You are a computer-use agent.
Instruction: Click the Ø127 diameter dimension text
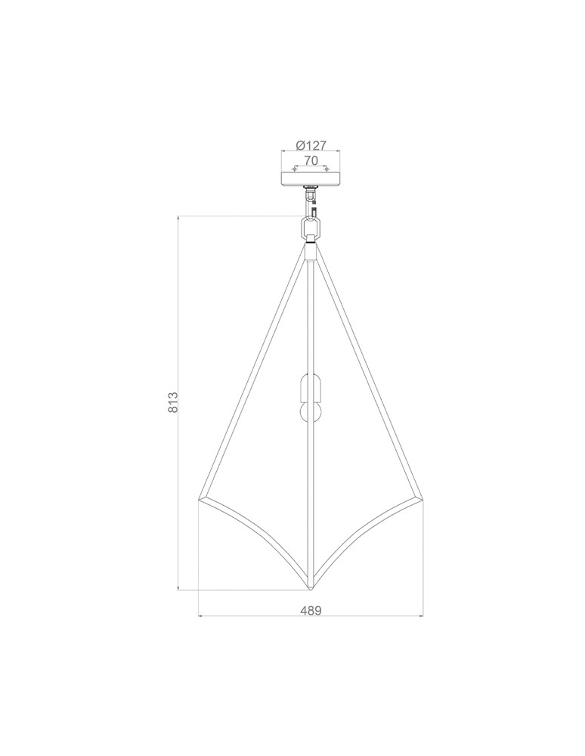click(x=311, y=146)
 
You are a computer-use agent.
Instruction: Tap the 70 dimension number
click(x=311, y=160)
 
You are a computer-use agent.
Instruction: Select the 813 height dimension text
click(x=172, y=401)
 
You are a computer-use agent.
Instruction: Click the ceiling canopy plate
click(x=311, y=178)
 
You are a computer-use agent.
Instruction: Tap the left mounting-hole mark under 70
click(x=295, y=169)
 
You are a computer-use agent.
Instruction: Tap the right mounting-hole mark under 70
click(x=327, y=169)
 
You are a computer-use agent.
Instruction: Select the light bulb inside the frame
click(x=310, y=413)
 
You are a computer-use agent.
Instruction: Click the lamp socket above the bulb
click(x=310, y=388)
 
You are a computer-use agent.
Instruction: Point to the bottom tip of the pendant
click(x=311, y=589)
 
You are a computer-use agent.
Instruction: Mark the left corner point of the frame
click(x=199, y=499)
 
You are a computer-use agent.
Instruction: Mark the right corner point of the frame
click(x=422, y=499)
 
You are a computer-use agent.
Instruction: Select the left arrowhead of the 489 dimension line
click(x=200, y=616)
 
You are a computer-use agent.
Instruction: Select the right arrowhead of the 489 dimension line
click(x=421, y=616)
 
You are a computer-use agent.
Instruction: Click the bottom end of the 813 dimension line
click(x=178, y=588)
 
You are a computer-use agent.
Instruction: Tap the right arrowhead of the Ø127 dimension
click(x=339, y=152)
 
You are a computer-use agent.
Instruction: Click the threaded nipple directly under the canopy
click(x=311, y=188)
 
